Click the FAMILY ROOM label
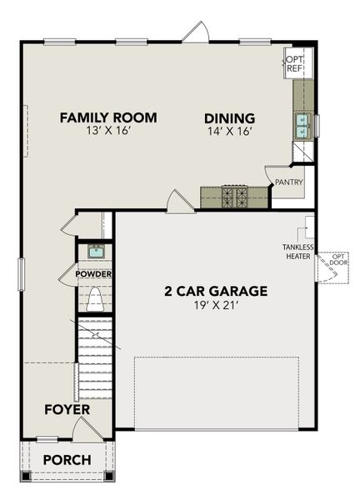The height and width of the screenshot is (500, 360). pyautogui.click(x=108, y=117)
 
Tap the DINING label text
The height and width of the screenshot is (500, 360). pyautogui.click(x=230, y=117)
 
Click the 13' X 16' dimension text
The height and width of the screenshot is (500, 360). pyautogui.click(x=108, y=132)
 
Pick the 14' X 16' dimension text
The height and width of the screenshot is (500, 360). pyautogui.click(x=230, y=132)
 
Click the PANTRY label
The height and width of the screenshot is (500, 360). pyautogui.click(x=289, y=182)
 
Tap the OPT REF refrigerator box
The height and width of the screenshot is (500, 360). pyautogui.click(x=295, y=65)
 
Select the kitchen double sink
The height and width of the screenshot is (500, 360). pyautogui.click(x=299, y=126)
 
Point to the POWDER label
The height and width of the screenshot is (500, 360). pyautogui.click(x=93, y=273)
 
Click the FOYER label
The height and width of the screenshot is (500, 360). pyautogui.click(x=67, y=410)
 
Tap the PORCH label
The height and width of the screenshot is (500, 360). pyautogui.click(x=67, y=459)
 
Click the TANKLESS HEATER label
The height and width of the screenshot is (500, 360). pyautogui.click(x=298, y=252)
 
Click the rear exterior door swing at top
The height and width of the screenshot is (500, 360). pyautogui.click(x=196, y=33)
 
